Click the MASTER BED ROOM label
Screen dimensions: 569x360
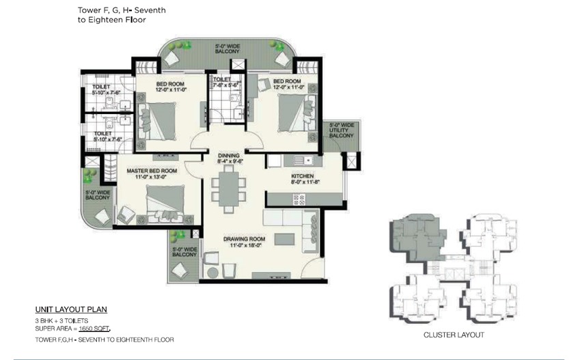[152, 171]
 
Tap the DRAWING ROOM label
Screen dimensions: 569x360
[245, 239]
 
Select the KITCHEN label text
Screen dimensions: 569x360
[303, 176]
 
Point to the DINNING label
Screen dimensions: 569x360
[229, 156]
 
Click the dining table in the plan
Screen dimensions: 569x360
[229, 189]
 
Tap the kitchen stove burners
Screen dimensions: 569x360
[299, 199]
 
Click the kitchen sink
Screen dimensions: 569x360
[303, 160]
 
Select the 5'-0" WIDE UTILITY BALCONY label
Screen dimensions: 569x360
[341, 130]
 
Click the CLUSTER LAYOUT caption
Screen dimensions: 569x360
[454, 335]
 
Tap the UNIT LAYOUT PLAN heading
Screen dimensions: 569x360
[71, 309]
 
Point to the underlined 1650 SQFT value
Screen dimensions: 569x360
[94, 329]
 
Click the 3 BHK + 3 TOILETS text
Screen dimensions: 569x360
[61, 321]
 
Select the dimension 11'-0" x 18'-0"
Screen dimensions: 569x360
[246, 245]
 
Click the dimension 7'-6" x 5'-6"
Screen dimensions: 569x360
[225, 85]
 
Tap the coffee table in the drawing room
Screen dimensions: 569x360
[284, 240]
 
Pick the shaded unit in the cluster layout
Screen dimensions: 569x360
[417, 238]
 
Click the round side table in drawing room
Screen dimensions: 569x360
[212, 273]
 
